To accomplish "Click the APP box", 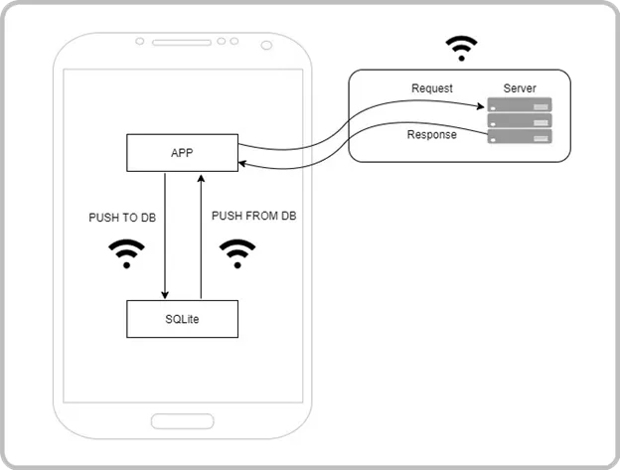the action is pyautogui.click(x=182, y=153).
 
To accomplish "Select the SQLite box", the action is pyautogui.click(x=182, y=319).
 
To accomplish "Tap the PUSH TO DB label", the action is pyautogui.click(x=122, y=218).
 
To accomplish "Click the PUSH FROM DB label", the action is pyautogui.click(x=253, y=216).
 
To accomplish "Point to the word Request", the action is pyautogui.click(x=432, y=88).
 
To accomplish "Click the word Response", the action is pyautogui.click(x=432, y=134).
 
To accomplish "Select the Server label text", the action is pyautogui.click(x=520, y=88).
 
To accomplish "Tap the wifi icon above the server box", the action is pyautogui.click(x=461, y=49).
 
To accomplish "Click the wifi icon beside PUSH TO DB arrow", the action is pyautogui.click(x=126, y=253).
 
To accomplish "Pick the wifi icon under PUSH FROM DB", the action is pyautogui.click(x=237, y=253).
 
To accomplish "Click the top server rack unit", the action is pyautogui.click(x=520, y=104).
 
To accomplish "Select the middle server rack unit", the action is pyautogui.click(x=520, y=120).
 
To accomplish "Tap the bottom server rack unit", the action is pyautogui.click(x=520, y=136).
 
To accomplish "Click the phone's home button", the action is pyautogui.click(x=183, y=421).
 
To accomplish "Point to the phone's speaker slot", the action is pyautogui.click(x=182, y=43).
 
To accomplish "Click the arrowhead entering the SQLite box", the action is pyautogui.click(x=165, y=295).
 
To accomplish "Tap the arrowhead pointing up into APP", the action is pyautogui.click(x=201, y=179).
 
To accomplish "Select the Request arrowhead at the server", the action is pyautogui.click(x=481, y=106).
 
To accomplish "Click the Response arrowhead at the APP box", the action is pyautogui.click(x=242, y=163).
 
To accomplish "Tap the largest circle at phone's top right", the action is pyautogui.click(x=266, y=46).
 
